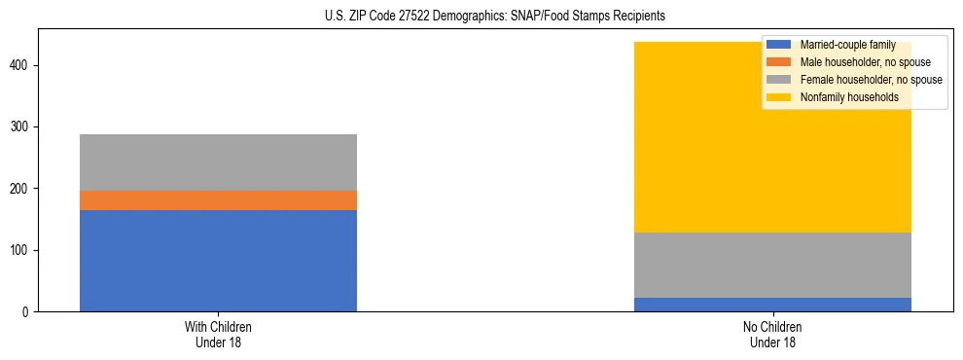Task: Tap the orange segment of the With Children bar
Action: pos(218,200)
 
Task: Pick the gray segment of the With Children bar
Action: pos(218,162)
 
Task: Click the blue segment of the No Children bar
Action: pos(772,305)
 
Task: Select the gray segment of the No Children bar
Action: pos(772,265)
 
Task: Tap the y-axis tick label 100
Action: pos(22,250)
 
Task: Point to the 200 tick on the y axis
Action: pos(22,189)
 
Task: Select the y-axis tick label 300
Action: pos(22,127)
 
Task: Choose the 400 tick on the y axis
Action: pos(22,65)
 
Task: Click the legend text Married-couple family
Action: pos(847,45)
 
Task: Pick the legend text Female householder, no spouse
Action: pos(871,80)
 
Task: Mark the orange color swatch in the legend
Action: pos(779,62)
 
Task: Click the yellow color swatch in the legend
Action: pos(779,97)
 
